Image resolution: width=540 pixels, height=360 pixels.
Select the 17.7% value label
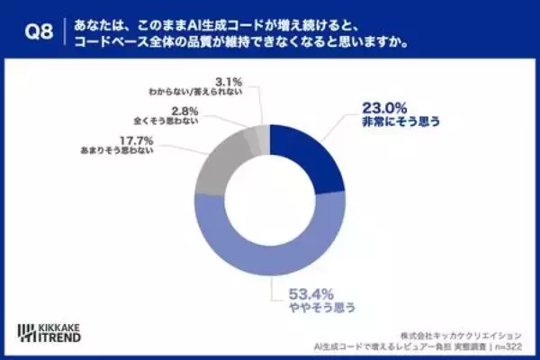point(136,140)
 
